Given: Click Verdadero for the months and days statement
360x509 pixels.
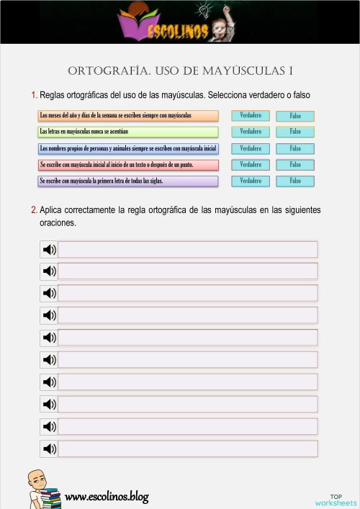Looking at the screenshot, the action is point(251,115).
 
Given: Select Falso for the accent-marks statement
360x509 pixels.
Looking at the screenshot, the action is point(295,132).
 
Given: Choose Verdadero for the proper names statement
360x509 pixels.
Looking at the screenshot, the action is point(251,148).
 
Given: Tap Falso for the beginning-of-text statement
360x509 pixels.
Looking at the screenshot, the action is point(295,165).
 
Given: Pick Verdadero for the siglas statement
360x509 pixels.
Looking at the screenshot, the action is point(251,181).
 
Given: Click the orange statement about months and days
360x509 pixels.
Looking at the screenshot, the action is point(128,115).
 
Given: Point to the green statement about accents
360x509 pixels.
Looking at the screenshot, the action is point(128,132).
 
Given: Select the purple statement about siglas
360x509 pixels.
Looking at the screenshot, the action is point(128,181).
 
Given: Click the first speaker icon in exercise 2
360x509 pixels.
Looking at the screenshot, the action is point(49,249).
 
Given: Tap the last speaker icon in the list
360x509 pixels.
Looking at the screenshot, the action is point(49,449).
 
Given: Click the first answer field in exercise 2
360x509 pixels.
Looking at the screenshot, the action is point(187,249).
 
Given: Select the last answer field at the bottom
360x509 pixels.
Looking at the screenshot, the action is point(187,449).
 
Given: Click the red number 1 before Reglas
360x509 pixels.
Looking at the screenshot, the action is point(34,95).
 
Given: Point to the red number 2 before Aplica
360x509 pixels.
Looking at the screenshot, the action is point(34,210).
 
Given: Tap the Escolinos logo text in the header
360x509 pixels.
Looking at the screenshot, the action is point(180,32).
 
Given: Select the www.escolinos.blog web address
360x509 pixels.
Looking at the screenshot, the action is point(107,496).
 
